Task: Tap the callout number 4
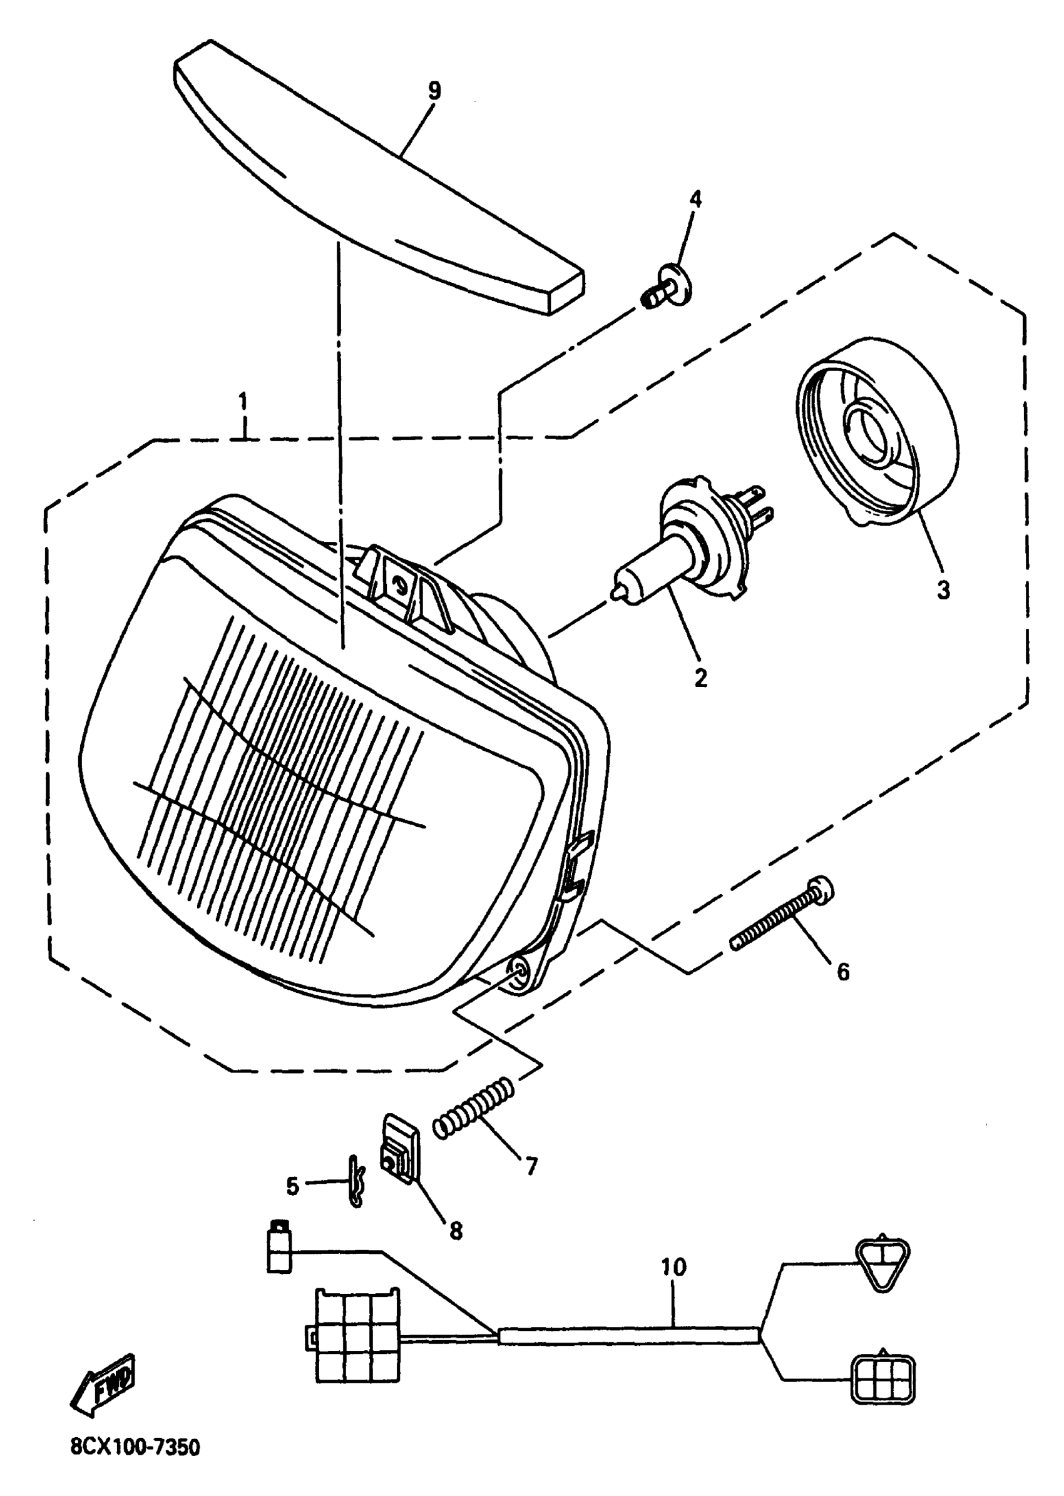695,199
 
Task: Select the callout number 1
243,402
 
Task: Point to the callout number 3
943,590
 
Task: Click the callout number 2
700,678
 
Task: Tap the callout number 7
531,1166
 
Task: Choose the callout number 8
456,1231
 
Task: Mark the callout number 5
293,1186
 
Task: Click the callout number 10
673,1268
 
